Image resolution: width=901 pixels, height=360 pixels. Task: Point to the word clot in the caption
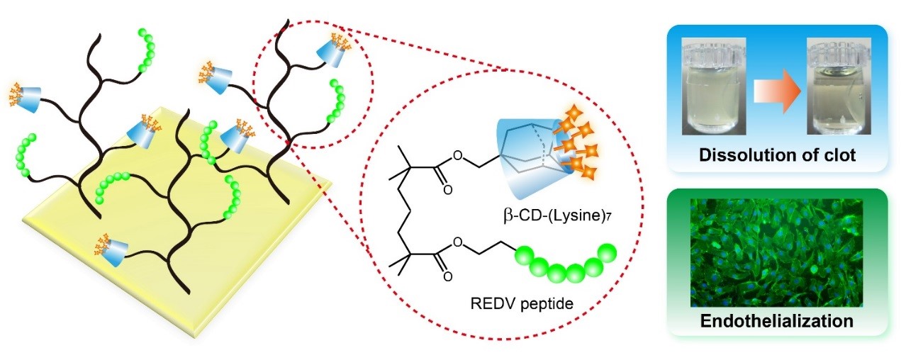tap(837, 155)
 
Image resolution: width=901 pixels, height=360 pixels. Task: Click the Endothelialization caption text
tap(776, 320)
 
